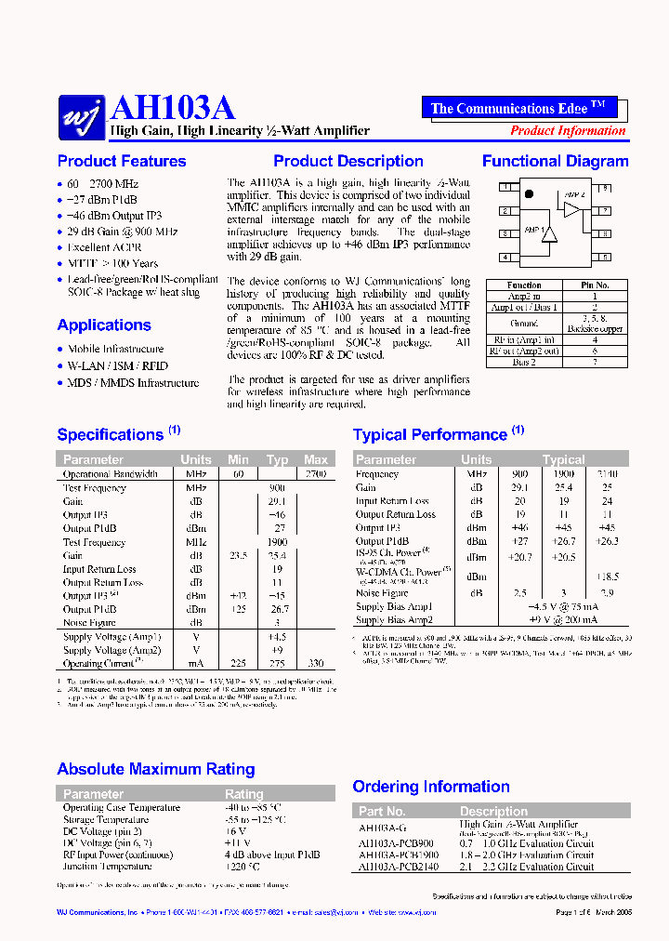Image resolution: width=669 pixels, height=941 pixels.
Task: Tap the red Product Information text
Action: tap(568, 131)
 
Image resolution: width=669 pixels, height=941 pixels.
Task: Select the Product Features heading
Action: tap(122, 161)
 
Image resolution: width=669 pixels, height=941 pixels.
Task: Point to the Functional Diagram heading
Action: tap(555, 161)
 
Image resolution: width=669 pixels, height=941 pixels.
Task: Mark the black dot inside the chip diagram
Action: tap(528, 194)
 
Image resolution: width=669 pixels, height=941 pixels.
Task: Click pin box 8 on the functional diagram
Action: tap(605, 188)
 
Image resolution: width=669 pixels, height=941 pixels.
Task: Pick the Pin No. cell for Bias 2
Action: tap(595, 362)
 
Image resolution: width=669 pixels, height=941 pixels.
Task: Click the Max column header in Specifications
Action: tap(316, 459)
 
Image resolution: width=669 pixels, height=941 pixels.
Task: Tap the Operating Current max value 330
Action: tap(316, 663)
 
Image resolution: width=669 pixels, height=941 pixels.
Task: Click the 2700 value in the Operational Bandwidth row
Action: tap(316, 474)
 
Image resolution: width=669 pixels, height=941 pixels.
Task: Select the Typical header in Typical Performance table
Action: tap(563, 459)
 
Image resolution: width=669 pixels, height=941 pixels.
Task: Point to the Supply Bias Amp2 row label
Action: tap(394, 620)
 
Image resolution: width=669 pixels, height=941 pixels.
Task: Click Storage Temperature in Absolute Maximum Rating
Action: tap(105, 820)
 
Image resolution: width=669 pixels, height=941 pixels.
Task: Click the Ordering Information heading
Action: tap(429, 787)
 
